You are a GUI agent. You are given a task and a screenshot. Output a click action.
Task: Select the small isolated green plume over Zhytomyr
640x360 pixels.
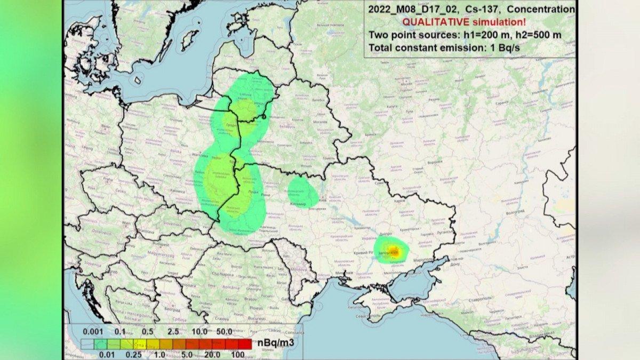pos(303,193)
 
